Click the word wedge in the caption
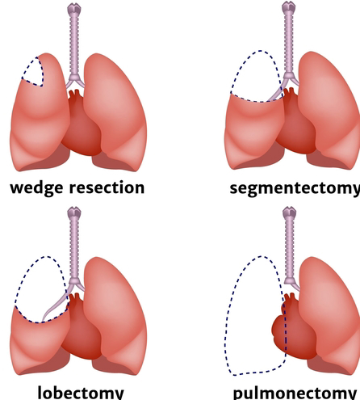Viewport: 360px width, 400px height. (37, 188)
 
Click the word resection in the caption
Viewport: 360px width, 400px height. (107, 187)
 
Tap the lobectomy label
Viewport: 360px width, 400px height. (81, 393)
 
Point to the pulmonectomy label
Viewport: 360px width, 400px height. (295, 394)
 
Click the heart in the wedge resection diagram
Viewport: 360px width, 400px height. (81, 124)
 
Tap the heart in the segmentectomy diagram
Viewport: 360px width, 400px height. (295, 123)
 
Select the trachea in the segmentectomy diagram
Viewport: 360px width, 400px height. (288, 43)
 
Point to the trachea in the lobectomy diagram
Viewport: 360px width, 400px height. (74, 249)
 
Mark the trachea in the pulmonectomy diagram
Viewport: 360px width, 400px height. (290, 248)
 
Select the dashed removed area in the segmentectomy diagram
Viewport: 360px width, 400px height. (257, 77)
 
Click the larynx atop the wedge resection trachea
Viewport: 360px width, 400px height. (74, 9)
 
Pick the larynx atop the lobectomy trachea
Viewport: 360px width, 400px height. (74, 213)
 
